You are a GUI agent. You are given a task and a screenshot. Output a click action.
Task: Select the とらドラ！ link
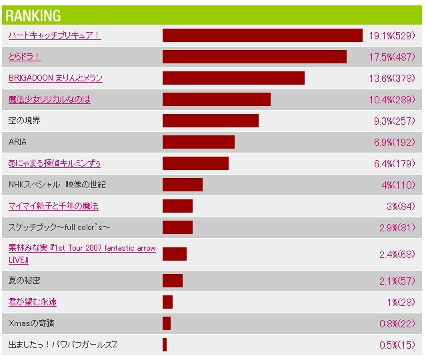click(25, 57)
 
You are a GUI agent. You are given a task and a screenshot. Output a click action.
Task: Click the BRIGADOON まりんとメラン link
click(55, 78)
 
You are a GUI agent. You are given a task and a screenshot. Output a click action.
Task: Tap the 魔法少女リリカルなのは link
click(49, 99)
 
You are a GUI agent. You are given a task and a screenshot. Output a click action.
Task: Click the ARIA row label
click(18, 142)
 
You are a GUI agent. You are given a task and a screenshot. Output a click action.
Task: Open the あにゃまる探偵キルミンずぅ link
click(55, 163)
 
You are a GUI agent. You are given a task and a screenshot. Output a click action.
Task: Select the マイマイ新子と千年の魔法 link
click(53, 206)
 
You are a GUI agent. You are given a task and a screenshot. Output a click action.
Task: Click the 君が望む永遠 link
click(32, 302)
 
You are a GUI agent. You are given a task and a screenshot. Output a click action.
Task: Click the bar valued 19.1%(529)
click(262, 35)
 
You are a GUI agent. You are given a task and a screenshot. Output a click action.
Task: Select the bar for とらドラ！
click(254, 57)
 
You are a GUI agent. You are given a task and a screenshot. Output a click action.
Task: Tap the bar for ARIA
click(198, 142)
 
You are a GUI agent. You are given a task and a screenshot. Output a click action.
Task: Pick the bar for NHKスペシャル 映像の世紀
click(182, 185)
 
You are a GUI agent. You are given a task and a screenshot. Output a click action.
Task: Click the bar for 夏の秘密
click(172, 281)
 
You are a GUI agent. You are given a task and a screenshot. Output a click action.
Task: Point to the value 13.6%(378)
click(393, 78)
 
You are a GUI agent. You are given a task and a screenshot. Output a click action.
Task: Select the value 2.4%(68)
click(397, 254)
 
